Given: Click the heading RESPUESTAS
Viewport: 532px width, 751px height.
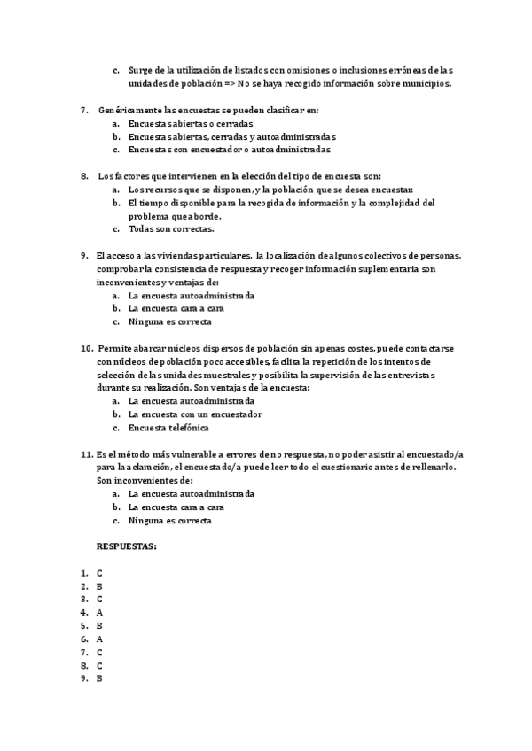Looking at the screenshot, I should (127, 547).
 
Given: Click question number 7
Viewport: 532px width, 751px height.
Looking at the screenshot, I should (84, 111).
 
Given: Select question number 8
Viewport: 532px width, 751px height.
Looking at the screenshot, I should (84, 177).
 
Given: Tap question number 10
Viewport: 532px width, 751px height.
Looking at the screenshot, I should (87, 348).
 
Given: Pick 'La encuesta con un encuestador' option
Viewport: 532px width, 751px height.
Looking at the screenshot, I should (195, 414).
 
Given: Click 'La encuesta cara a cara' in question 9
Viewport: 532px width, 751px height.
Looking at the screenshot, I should (176, 308).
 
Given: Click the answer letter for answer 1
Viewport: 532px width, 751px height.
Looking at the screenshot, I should (100, 573).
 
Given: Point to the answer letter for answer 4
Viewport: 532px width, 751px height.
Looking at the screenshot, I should (100, 612).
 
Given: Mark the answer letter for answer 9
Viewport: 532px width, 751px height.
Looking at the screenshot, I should (100, 678).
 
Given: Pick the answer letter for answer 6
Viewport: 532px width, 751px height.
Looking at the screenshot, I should (100, 639).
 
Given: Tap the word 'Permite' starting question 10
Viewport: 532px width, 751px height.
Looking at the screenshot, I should (114, 348).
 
